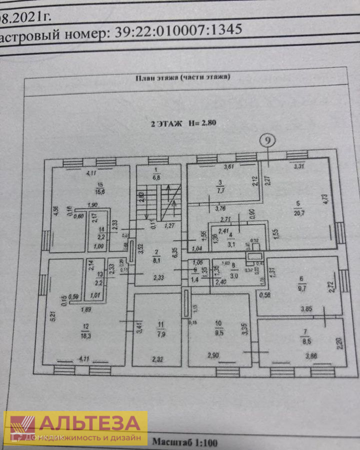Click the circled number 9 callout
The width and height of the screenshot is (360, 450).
pos(268,141)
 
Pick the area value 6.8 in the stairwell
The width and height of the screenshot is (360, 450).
pos(156,177)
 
